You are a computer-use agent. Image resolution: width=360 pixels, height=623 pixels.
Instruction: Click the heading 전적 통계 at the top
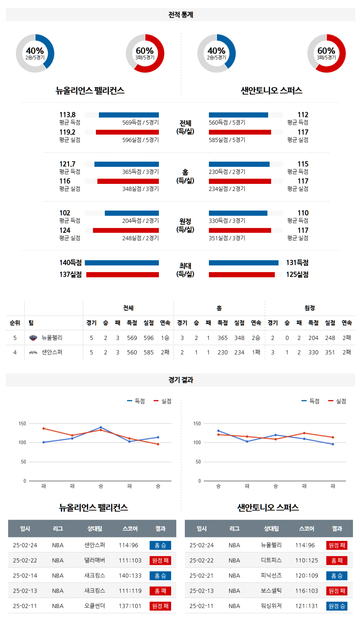(181, 15)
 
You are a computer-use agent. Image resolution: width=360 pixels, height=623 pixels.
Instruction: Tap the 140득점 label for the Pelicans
(70, 263)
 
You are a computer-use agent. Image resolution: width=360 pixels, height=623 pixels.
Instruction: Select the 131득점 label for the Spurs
(297, 263)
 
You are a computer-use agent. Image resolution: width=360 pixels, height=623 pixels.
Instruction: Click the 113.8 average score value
(67, 115)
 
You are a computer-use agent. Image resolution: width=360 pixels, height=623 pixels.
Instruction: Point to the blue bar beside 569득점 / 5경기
(129, 115)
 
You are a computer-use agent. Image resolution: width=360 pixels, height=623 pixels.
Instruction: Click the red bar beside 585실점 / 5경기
(240, 132)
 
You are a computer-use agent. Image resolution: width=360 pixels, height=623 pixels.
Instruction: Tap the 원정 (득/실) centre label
(185, 225)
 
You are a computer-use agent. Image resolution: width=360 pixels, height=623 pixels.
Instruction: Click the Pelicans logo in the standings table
(33, 338)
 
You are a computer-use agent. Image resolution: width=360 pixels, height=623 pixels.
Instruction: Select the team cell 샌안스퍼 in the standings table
(52, 352)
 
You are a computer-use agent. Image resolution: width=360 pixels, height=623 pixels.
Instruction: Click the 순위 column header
(15, 323)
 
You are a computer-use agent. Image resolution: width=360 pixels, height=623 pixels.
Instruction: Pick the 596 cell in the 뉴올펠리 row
(149, 338)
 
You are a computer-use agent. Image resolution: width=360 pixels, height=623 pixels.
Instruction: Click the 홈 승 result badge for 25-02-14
(160, 576)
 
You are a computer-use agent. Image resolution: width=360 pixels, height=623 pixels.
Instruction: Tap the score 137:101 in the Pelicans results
(130, 606)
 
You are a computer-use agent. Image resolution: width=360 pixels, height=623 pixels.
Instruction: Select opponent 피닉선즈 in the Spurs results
(271, 576)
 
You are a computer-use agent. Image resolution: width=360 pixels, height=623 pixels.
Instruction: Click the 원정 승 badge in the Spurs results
(337, 606)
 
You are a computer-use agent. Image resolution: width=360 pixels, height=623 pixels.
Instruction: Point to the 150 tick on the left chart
(22, 424)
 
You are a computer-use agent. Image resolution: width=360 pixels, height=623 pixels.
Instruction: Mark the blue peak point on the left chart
(101, 427)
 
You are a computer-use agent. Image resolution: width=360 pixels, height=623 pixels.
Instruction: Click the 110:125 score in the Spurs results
(307, 560)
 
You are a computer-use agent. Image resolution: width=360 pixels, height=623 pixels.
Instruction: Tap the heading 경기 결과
(181, 380)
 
